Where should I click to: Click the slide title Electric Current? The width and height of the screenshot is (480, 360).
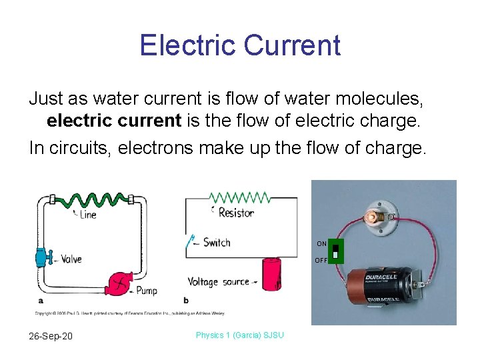[x=240, y=45]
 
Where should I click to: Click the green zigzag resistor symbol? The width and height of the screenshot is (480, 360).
[x=239, y=198]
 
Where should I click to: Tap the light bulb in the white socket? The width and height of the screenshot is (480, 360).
[x=370, y=215]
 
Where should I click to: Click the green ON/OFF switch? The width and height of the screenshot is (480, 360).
[x=336, y=253]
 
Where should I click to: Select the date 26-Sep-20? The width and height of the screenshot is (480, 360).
[x=51, y=335]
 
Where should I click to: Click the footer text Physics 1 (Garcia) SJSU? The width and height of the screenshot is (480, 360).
[x=239, y=335]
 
